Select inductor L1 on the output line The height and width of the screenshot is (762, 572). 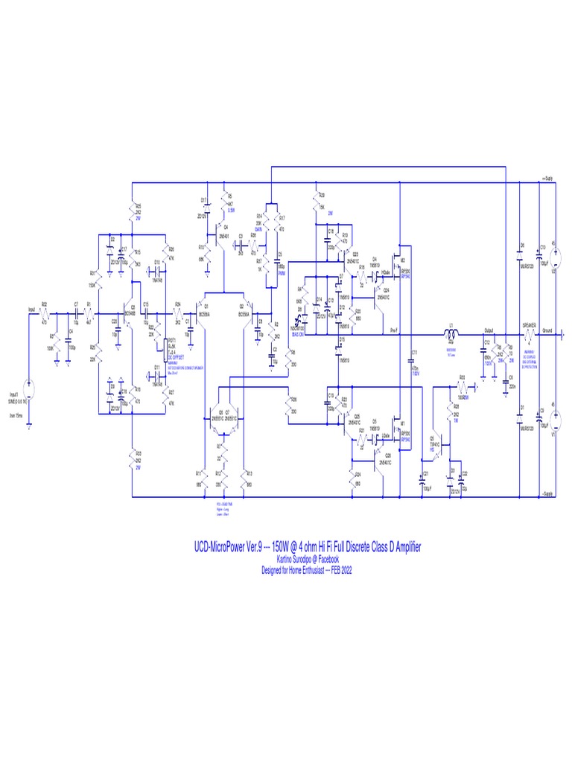tap(451, 333)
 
